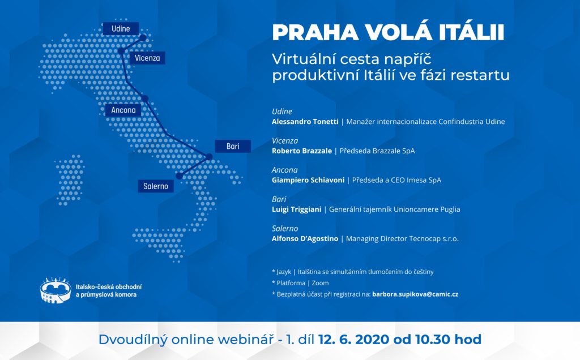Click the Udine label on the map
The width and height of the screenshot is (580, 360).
(x=121, y=29)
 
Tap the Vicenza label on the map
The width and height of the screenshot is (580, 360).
(x=147, y=58)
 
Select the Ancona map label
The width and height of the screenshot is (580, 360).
(x=123, y=110)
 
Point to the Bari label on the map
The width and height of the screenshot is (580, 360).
(x=233, y=147)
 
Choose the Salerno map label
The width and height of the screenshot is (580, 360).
(x=156, y=186)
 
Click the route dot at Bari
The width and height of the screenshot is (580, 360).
(x=209, y=157)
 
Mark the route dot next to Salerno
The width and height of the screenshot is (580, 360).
(x=180, y=176)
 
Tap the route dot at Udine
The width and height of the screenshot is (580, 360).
(x=143, y=38)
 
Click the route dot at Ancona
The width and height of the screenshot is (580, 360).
(x=145, y=98)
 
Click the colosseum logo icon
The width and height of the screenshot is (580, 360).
(x=56, y=290)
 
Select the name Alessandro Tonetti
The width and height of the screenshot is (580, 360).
(x=305, y=122)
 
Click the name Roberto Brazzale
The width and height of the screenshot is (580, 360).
(x=302, y=151)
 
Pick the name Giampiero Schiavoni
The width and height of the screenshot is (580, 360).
(x=308, y=180)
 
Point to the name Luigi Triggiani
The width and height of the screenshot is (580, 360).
(x=297, y=209)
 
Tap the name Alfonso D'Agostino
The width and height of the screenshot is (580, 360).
(x=305, y=239)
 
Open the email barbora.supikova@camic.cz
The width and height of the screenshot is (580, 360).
(x=415, y=294)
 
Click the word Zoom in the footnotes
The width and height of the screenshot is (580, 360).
(x=321, y=283)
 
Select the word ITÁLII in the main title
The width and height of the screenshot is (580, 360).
(x=472, y=32)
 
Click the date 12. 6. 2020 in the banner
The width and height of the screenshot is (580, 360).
(x=353, y=339)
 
